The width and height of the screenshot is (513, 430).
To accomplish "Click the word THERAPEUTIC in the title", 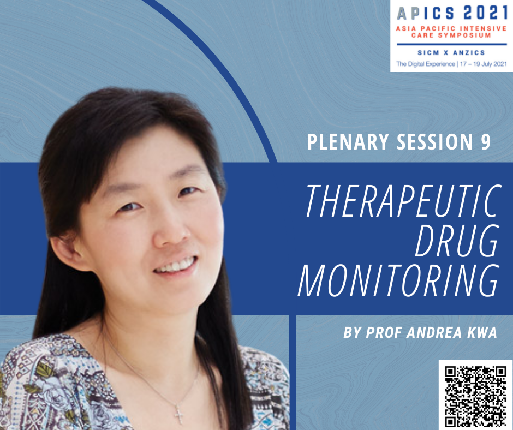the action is (x=404, y=201).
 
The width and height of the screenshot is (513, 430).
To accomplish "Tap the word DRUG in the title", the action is (x=457, y=241).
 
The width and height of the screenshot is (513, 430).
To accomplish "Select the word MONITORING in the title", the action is (x=399, y=280).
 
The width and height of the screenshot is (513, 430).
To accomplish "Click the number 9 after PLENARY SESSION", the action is (x=486, y=142).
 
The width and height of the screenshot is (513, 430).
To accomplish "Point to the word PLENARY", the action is (x=348, y=142).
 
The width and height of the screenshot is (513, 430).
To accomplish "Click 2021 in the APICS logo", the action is (x=486, y=13).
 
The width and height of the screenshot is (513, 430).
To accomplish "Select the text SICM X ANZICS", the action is (x=451, y=53).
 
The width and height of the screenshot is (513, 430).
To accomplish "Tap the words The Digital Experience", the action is (x=425, y=64).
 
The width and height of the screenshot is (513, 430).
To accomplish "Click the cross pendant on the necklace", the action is (x=179, y=414).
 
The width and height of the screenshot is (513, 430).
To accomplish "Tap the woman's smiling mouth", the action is (x=177, y=266).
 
